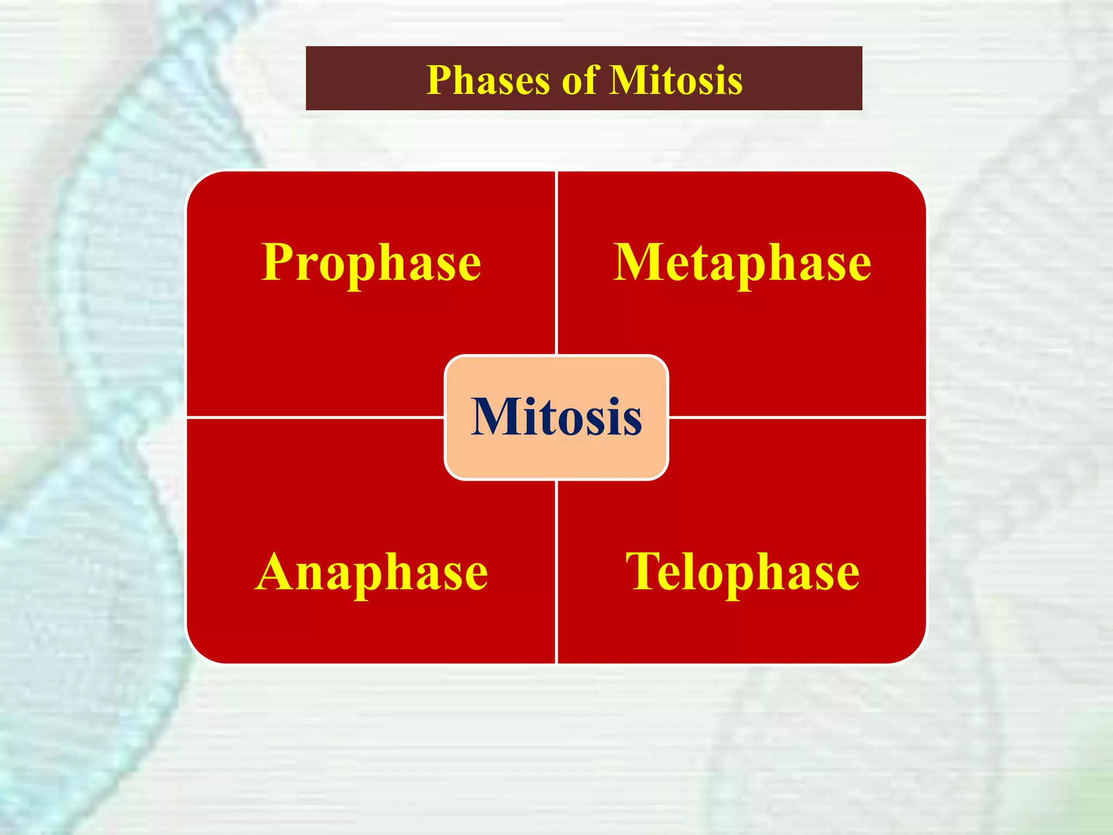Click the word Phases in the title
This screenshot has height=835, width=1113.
487,80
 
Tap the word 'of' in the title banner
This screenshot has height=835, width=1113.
580,80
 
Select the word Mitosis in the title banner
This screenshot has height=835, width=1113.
676,80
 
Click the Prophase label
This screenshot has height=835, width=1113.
371,263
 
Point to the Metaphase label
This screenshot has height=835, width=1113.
742,263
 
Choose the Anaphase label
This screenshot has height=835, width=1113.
371,572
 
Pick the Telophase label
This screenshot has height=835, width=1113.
742,572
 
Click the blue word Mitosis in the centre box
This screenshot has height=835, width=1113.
556,417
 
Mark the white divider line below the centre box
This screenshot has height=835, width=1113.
556,571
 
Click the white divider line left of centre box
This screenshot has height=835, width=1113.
315,417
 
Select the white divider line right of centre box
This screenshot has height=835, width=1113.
796,417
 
